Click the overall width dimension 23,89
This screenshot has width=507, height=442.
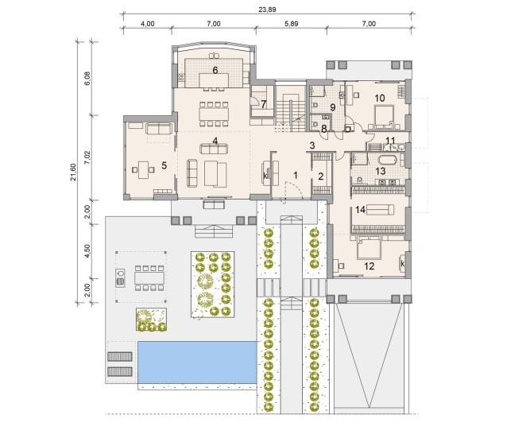tap(267, 10)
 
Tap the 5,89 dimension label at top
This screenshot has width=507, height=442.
tap(292, 24)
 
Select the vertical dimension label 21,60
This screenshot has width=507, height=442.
tap(73, 172)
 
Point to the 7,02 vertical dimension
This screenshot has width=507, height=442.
tap(87, 157)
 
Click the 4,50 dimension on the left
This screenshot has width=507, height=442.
tap(87, 251)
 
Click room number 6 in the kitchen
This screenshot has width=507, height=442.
tap(215, 70)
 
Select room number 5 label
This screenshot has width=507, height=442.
tap(164, 165)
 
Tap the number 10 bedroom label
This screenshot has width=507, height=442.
tap(380, 98)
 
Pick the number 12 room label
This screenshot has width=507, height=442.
tap(369, 266)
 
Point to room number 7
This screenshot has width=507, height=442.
tap(264, 104)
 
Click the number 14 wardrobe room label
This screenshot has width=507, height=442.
tap(360, 210)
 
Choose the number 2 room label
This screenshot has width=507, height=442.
tap(321, 176)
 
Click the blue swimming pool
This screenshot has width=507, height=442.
tap(197, 363)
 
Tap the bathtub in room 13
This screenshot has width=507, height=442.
tap(387, 160)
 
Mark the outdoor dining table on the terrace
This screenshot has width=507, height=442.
tap(149, 277)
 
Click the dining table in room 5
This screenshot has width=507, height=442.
tap(143, 169)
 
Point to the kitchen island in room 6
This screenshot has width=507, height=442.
tap(214, 80)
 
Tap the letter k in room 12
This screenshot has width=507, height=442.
tap(402, 264)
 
